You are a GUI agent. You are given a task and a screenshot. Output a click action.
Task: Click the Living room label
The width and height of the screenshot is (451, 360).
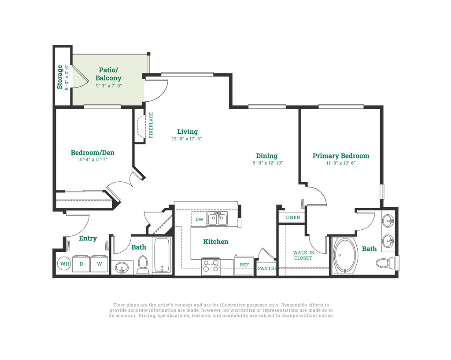pyautogui.click(x=188, y=132)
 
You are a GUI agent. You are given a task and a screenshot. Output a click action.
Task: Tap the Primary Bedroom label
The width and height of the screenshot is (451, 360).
pyautogui.click(x=341, y=156)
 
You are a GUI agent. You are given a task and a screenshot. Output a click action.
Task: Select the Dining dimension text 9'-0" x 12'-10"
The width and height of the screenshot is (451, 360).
pyautogui.click(x=268, y=163)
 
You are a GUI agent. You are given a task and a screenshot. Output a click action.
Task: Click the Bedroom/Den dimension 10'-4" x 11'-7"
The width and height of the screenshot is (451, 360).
pyautogui.click(x=92, y=159)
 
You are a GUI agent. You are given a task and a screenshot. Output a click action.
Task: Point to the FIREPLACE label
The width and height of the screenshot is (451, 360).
pyautogui.click(x=151, y=125)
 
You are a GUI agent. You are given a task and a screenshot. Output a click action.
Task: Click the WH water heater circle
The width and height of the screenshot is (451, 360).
pyautogui.click(x=65, y=264)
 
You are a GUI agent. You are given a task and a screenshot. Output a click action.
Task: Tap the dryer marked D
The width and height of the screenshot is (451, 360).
pyautogui.click(x=81, y=264)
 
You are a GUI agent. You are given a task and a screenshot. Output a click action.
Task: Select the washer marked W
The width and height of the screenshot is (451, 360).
pyautogui.click(x=99, y=264)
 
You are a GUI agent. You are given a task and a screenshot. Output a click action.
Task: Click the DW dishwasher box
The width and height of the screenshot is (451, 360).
pyautogui.click(x=199, y=220)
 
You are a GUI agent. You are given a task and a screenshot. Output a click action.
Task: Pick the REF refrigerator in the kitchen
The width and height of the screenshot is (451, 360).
pyautogui.click(x=244, y=265)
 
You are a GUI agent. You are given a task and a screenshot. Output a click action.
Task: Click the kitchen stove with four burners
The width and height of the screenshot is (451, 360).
pyautogui.click(x=211, y=266)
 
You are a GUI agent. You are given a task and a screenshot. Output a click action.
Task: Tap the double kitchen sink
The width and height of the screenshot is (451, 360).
pyautogui.click(x=217, y=219)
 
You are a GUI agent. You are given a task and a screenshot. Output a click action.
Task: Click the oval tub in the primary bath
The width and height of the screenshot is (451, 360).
pyautogui.click(x=345, y=255)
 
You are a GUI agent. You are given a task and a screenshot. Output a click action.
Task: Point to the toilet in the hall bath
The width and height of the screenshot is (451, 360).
pyautogui.click(x=143, y=264)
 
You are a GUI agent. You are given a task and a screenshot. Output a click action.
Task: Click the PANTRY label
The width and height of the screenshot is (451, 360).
pyautogui.click(x=267, y=268)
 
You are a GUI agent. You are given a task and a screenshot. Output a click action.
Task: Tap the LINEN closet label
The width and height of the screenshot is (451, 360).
pyautogui.click(x=292, y=217)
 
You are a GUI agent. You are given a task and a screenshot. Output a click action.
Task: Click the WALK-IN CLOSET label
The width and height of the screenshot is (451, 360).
pyautogui.click(x=303, y=255)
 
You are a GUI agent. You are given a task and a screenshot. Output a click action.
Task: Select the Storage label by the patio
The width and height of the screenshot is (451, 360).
pyautogui.click(x=60, y=77)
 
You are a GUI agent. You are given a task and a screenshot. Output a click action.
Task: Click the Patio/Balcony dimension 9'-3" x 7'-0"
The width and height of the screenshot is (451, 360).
pyautogui.click(x=109, y=86)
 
